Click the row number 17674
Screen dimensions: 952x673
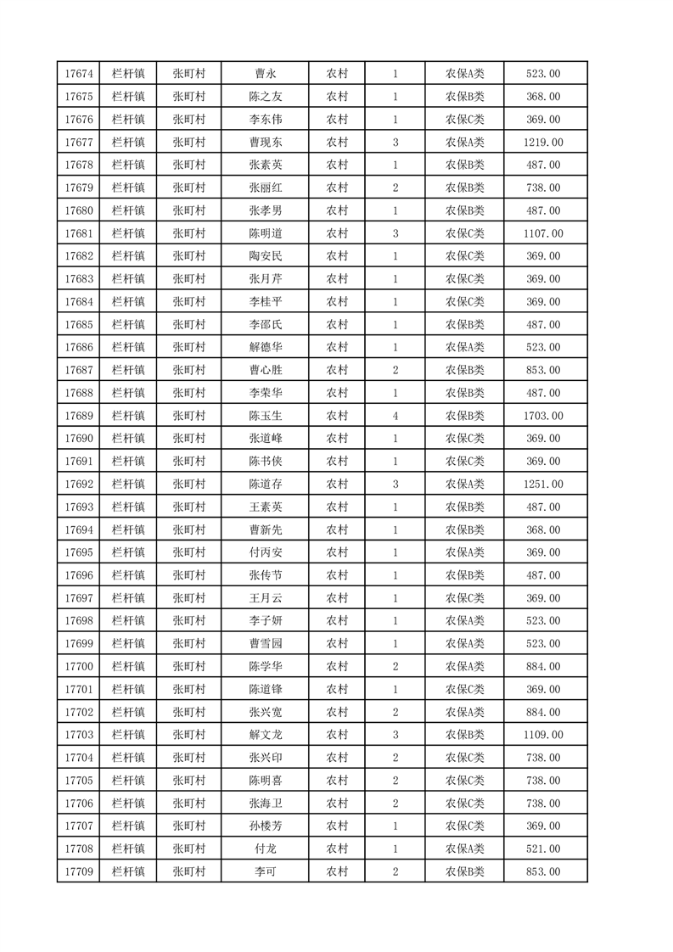[78, 74]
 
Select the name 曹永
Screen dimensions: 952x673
[266, 74]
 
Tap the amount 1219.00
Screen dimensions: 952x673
[543, 142]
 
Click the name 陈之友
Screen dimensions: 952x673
[266, 97]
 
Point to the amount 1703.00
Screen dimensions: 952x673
[543, 416]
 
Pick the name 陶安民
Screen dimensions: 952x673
[266, 256]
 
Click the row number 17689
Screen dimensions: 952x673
[78, 416]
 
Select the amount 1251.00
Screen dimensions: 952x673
[543, 484]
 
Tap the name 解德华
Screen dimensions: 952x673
[266, 347]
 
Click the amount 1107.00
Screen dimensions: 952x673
[543, 233]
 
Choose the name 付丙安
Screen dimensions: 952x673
[266, 552]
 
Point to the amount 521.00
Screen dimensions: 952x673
[543, 848]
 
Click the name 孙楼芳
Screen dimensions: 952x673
[266, 826]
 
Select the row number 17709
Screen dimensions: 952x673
[78, 871]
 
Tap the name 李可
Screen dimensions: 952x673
[266, 871]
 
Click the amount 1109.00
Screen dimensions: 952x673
[543, 735]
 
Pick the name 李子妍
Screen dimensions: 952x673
[266, 621]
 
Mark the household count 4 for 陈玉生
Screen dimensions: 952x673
[395, 416]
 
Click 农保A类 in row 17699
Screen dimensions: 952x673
[465, 644]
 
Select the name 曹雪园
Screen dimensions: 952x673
[266, 644]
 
